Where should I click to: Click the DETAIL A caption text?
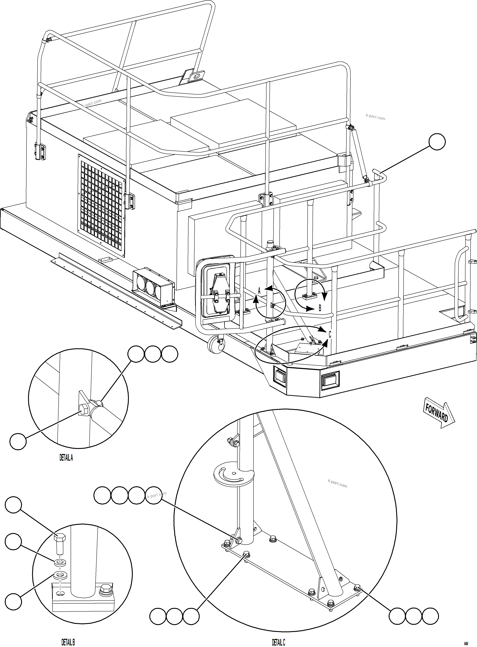[x=66, y=458]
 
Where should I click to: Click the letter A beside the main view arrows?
[x=259, y=291]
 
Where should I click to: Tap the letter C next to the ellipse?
[x=330, y=334]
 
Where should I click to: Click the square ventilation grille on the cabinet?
[x=102, y=206]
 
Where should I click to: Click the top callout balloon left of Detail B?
[x=13, y=513]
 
